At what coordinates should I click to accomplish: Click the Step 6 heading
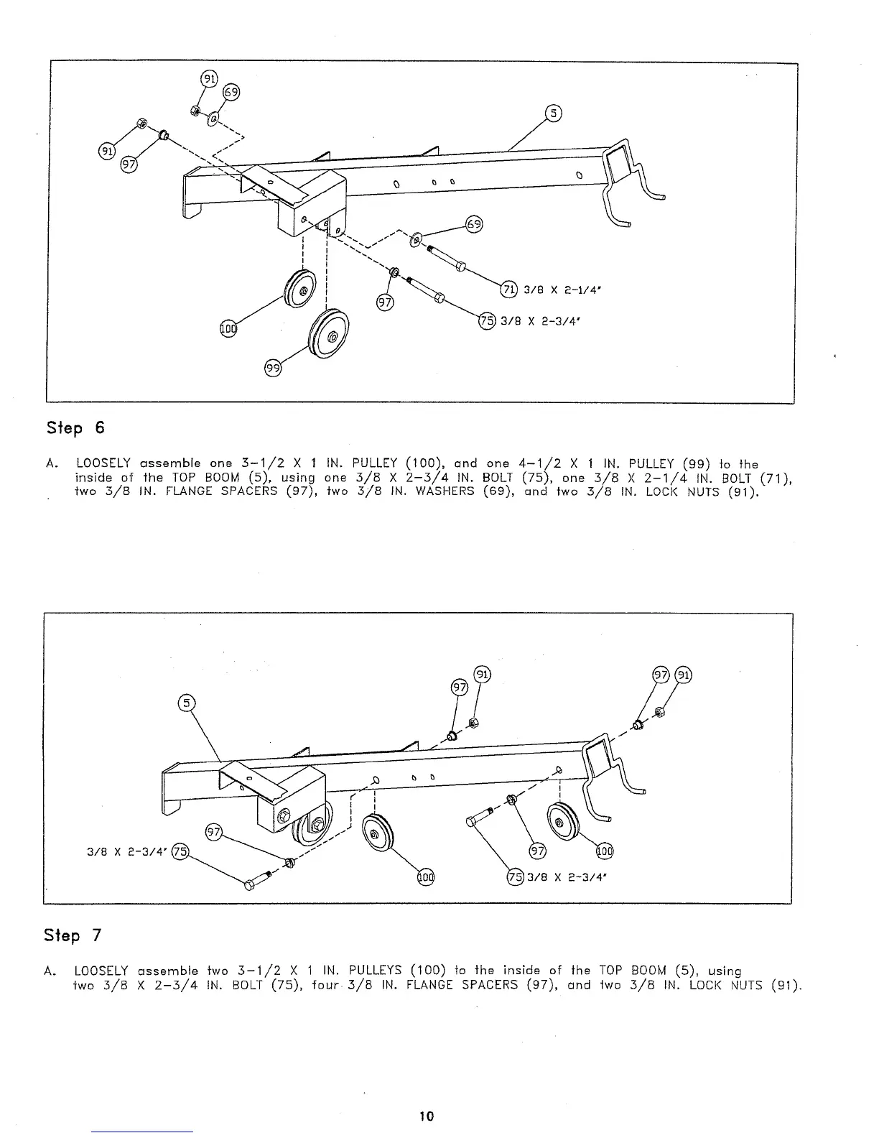click(75, 428)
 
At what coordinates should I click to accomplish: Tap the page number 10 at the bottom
click(427, 1116)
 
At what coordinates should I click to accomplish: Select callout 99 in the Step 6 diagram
click(273, 369)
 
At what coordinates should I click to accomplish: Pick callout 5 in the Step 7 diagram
click(186, 703)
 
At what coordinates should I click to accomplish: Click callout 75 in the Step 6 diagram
click(488, 321)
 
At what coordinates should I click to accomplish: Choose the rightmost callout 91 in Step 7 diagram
click(684, 675)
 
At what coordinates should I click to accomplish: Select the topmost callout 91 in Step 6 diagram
click(208, 80)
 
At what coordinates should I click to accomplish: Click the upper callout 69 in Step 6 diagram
click(231, 92)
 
